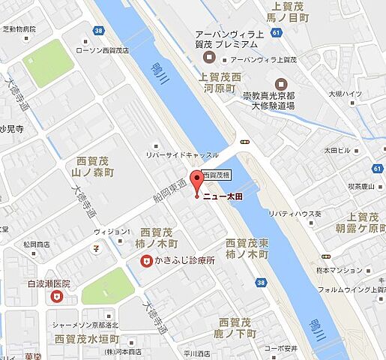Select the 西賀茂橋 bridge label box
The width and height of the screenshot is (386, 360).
(x=216, y=173)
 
